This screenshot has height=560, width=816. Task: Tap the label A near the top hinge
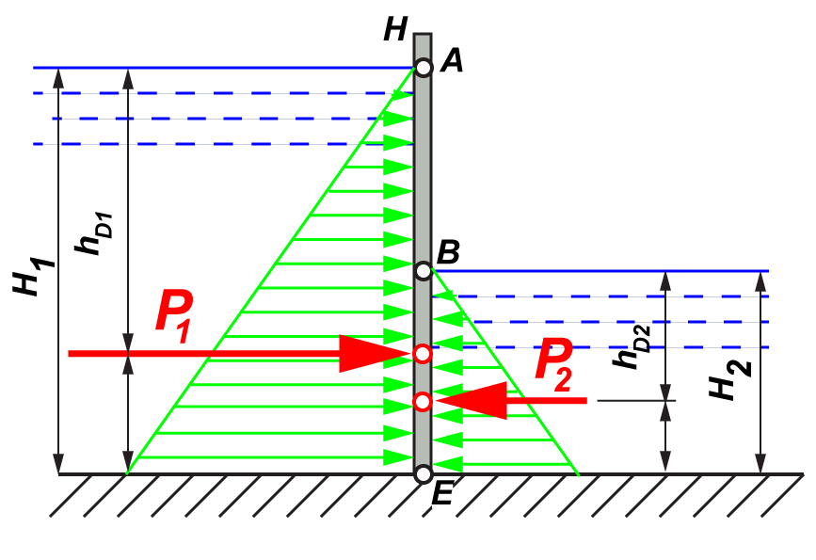(452, 62)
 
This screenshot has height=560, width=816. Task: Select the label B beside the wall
(449, 252)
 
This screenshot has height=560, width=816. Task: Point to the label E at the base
(442, 493)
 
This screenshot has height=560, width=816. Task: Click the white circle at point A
(424, 68)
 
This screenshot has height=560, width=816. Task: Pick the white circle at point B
(424, 271)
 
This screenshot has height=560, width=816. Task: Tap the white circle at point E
(424, 473)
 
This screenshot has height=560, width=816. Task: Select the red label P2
(555, 360)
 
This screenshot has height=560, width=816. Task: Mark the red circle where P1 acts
(423, 354)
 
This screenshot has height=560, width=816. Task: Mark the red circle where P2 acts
(423, 402)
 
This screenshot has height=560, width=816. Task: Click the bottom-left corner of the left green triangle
(128, 472)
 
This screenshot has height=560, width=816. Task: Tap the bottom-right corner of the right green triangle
(577, 472)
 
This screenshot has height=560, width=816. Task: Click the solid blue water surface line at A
(226, 68)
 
